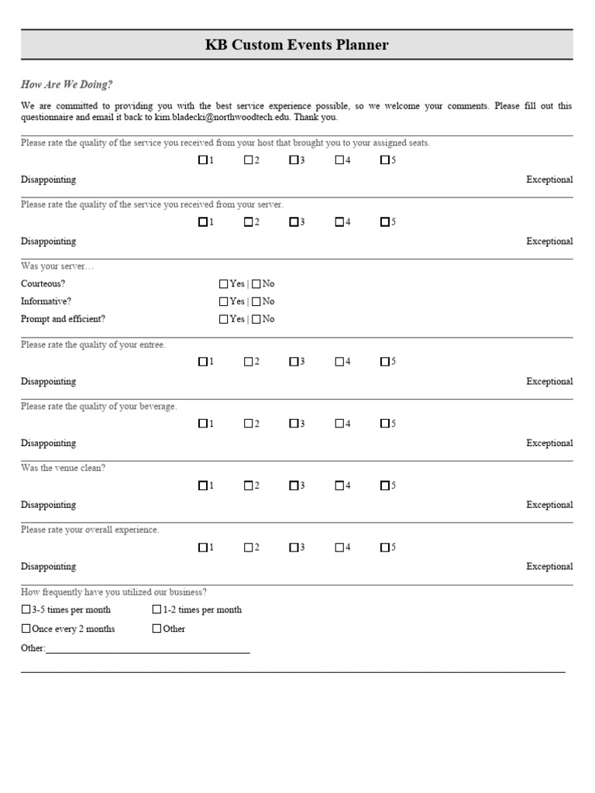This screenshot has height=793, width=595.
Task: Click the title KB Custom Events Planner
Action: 297,45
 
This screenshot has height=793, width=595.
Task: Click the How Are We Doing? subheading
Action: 67,85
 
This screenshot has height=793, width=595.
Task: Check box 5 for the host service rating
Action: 384,160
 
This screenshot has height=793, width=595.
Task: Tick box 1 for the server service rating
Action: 203,222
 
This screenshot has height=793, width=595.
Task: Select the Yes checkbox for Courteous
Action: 224,284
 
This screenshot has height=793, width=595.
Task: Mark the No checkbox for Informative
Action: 256,301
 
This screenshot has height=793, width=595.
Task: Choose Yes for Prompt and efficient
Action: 224,319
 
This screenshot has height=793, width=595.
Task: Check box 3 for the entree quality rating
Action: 294,361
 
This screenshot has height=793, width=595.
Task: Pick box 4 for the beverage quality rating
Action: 340,424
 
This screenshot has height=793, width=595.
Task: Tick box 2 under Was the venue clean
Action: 249,486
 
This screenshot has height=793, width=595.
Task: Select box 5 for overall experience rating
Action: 384,548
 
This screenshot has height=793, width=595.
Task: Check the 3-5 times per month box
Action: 26,609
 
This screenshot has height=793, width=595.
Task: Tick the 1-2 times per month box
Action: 157,609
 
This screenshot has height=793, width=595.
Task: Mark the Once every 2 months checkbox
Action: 26,629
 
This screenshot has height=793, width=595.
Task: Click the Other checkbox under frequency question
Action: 157,629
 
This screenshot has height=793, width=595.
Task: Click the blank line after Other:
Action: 147,649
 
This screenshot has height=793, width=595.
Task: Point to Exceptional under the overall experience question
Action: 549,567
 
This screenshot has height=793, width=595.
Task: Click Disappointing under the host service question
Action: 48,180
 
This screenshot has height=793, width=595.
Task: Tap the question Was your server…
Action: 58,266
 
